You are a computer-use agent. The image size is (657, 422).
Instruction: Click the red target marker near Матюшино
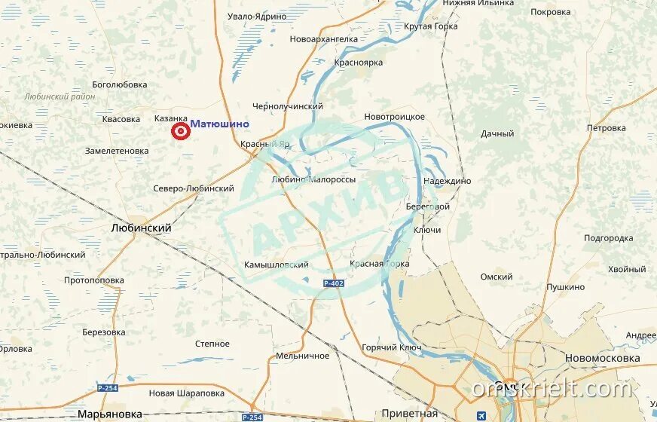pos(181,132)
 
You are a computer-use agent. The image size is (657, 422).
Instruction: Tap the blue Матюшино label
pos(219,124)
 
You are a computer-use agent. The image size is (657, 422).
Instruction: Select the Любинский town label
pos(141,228)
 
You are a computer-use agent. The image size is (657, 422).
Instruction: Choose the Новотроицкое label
pos(394,117)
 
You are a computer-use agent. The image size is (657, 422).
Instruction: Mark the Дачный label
pos(497,133)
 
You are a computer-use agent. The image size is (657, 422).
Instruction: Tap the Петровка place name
pos(606,128)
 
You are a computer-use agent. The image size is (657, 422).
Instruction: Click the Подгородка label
pos(608,238)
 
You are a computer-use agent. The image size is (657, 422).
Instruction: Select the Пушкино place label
pos(565,287)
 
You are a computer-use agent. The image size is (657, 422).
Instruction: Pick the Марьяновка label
pos(110,414)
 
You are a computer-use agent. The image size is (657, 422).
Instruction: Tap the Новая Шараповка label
pos(187,393)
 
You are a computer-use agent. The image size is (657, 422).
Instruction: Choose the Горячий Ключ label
pos(392,347)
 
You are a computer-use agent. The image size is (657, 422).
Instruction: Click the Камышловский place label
pos(277,265)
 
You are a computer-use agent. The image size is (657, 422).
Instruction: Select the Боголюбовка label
pos(120,84)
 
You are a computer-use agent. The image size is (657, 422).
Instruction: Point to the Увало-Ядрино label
pos(257,16)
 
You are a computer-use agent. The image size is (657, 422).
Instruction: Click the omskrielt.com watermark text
pos(552,389)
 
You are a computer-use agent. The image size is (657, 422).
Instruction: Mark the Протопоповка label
pos(94,280)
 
